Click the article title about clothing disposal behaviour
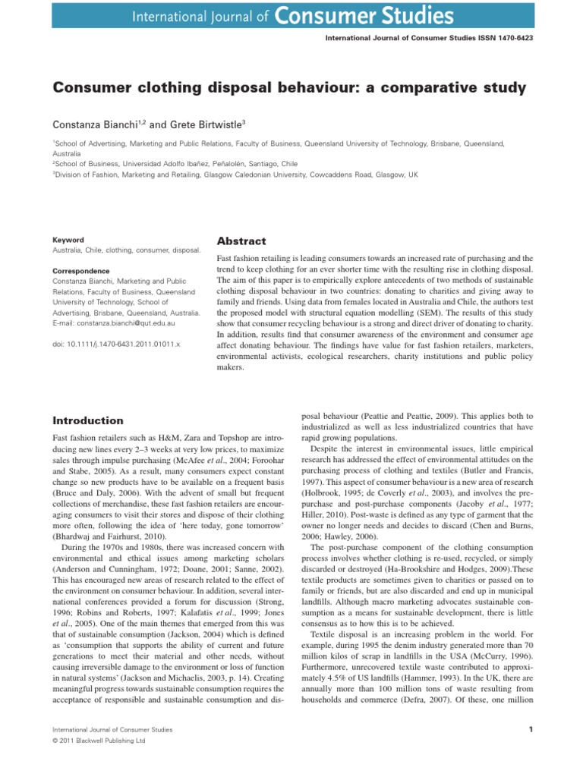(289, 88)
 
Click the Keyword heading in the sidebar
(68, 240)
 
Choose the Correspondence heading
(80, 271)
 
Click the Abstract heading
(241, 241)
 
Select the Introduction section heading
(87, 420)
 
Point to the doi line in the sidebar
(115, 344)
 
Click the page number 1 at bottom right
(528, 730)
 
